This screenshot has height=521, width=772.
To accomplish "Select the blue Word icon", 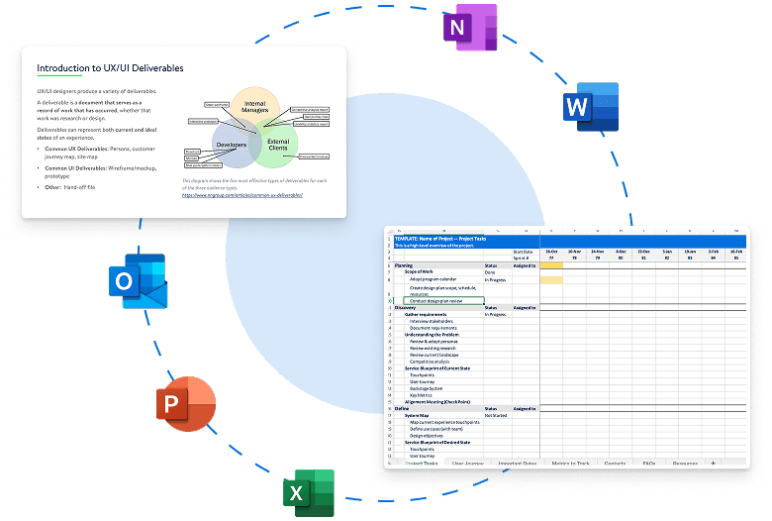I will pos(590,106).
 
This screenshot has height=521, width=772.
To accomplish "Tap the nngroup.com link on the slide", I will pos(242,195).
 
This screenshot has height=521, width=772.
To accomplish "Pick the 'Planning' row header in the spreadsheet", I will pos(405,265).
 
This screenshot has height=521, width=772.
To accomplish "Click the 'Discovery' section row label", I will pos(408,308).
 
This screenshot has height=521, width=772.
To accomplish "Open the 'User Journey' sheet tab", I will pos(467,464).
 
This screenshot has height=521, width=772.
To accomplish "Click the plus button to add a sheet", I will pos(713,464).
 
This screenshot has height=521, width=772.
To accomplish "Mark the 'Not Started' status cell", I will pos(496,415).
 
